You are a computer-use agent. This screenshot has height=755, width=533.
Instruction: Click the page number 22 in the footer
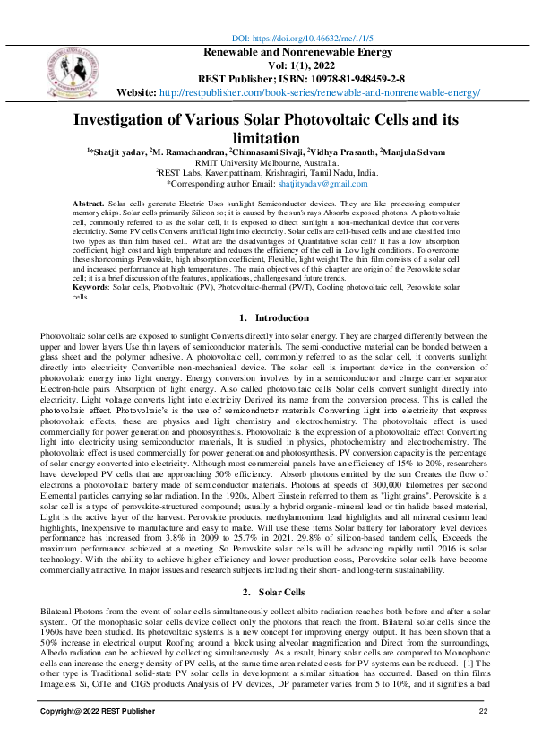[483, 711]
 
